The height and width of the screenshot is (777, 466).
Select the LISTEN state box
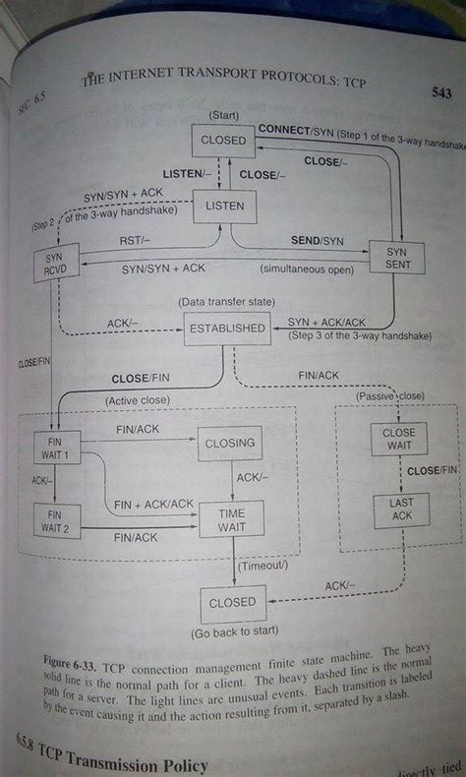(x=223, y=206)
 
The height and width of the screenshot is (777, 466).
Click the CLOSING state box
(x=229, y=445)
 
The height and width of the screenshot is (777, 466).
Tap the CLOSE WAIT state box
(x=398, y=439)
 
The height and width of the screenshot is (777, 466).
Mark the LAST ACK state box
(x=398, y=508)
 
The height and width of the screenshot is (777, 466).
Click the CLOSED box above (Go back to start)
(x=232, y=603)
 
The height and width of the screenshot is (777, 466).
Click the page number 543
(x=440, y=94)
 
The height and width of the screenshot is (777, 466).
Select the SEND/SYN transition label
(x=317, y=240)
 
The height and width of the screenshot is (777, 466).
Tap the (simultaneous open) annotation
(x=306, y=269)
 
